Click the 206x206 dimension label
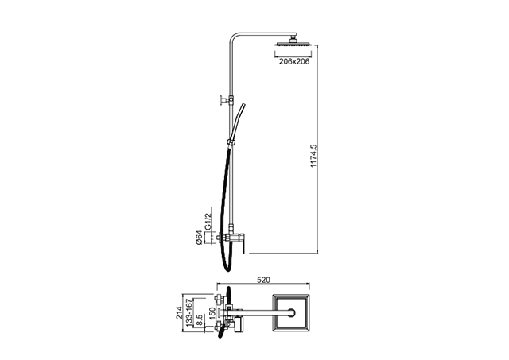(294, 61)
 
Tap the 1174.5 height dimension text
(313, 156)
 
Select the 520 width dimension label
(263, 280)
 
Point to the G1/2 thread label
(208, 221)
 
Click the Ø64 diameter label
(199, 238)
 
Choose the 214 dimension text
(179, 312)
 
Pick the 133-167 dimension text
(189, 312)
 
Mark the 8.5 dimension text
(200, 320)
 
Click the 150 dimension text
(212, 314)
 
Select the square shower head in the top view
(291, 312)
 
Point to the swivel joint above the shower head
(293, 39)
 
